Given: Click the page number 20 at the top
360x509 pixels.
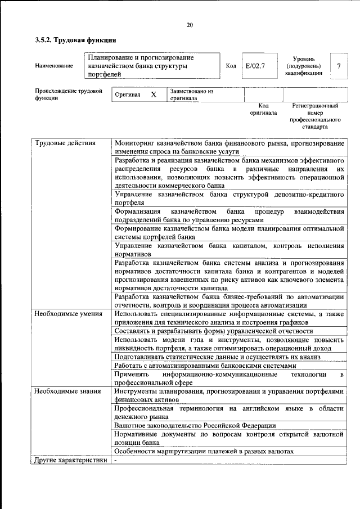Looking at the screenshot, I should [190, 25].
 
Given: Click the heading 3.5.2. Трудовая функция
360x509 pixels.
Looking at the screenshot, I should [75, 40].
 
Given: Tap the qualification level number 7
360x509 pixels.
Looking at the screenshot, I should [339, 66].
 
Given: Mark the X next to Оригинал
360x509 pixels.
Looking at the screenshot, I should [153, 95].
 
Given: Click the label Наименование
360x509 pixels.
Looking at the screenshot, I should [54, 66].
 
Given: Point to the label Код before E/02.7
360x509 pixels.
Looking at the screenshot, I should [231, 66].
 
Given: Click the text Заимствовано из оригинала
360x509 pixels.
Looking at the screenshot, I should [191, 94].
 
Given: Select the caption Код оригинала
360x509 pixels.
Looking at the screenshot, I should [263, 109].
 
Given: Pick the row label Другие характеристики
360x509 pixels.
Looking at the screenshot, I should [70, 460].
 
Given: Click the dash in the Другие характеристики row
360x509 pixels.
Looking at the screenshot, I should [116, 460].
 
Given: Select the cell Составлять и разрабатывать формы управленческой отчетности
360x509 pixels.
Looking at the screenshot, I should [213, 331].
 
